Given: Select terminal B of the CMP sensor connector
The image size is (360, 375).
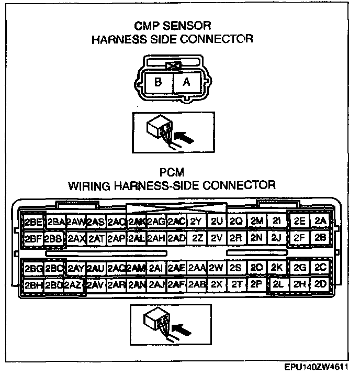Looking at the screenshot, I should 159,82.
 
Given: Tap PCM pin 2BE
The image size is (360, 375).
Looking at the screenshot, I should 33,221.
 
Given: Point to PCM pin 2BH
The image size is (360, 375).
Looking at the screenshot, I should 33,285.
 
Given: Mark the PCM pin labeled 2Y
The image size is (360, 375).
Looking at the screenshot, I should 196,221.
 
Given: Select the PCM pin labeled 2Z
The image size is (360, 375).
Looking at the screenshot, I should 197,237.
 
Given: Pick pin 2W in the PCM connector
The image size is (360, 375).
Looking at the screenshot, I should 216,268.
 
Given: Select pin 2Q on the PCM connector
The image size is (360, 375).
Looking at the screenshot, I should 236,221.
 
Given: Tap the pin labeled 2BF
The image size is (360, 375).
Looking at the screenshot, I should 33,238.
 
